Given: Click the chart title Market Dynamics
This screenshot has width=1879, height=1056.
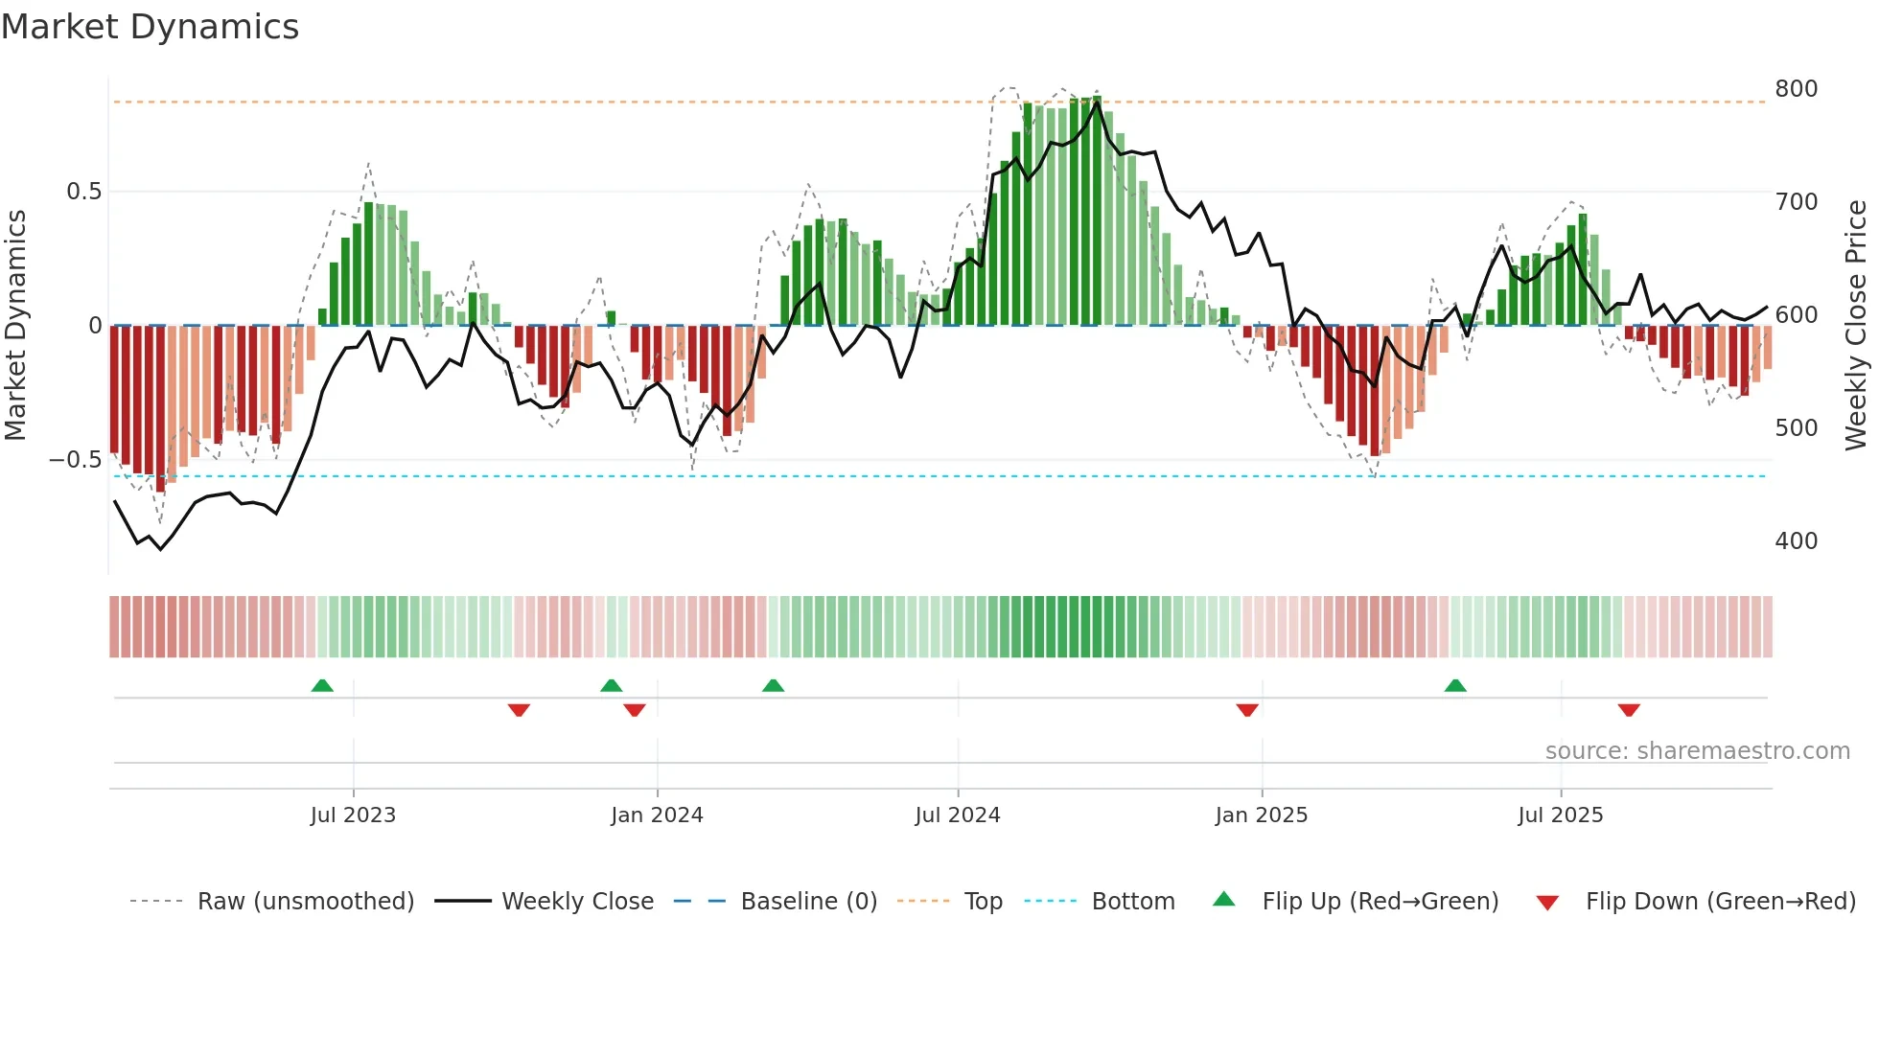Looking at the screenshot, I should click(x=151, y=27).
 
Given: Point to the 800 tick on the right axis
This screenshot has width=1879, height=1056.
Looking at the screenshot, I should click(x=1796, y=89).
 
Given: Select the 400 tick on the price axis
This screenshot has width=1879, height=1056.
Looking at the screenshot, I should click(x=1796, y=541).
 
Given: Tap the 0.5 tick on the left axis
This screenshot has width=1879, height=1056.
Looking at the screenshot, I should click(x=84, y=192).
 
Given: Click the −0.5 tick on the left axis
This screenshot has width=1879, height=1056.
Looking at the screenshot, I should click(x=76, y=460).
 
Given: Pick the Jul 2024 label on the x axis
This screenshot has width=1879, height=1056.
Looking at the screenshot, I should click(x=957, y=815).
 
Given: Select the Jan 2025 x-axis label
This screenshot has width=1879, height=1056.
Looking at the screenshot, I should click(x=1261, y=815).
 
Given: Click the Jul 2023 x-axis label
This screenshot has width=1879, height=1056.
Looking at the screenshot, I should click(x=353, y=815).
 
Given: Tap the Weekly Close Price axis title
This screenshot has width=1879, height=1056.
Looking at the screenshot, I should click(x=1856, y=325).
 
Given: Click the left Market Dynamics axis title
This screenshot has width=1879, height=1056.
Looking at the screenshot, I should click(x=15, y=325).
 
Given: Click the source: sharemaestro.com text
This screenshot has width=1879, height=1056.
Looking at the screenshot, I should click(x=1697, y=751).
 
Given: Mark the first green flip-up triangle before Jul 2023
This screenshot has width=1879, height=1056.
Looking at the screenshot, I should click(x=322, y=686).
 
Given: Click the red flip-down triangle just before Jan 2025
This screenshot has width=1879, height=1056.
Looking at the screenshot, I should click(x=1246, y=710).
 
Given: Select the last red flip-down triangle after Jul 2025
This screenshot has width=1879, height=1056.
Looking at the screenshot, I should click(x=1628, y=710).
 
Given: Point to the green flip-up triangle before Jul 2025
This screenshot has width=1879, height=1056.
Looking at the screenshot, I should click(x=1454, y=686).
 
